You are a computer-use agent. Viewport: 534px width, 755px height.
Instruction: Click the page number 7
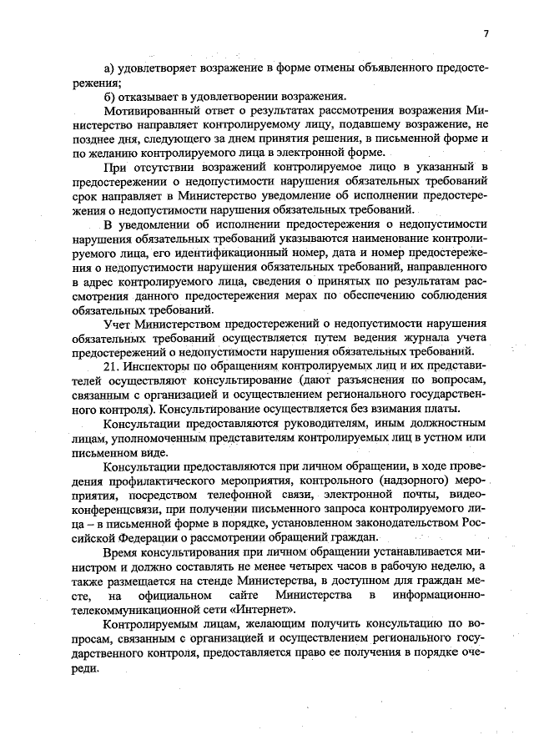[485, 33]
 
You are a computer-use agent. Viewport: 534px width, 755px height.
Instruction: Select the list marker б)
[108, 96]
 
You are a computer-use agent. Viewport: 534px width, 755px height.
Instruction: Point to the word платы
[441, 408]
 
